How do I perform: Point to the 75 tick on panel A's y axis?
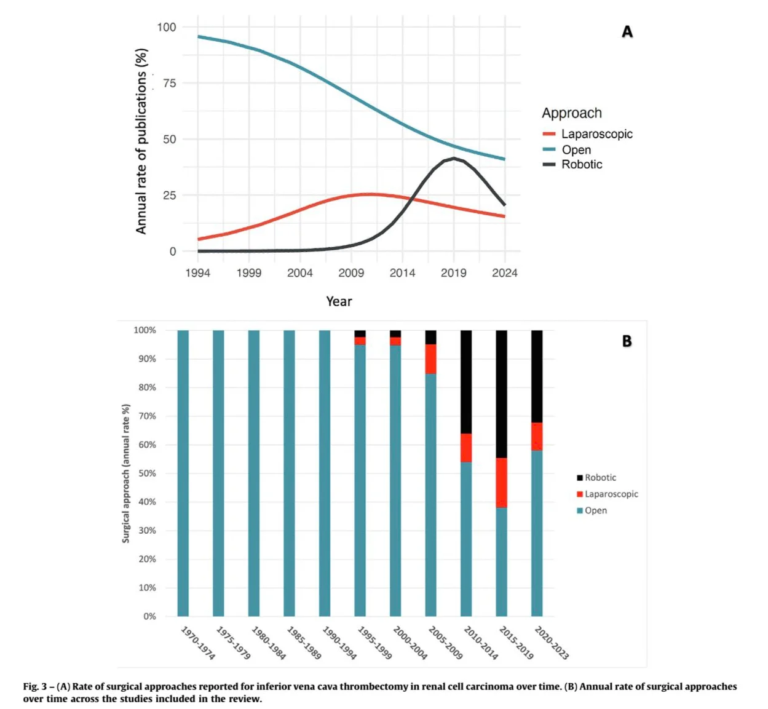click(x=169, y=83)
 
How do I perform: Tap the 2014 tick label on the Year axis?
click(x=402, y=273)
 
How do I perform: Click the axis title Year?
click(x=339, y=301)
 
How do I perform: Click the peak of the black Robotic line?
click(x=454, y=158)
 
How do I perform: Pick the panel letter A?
click(x=627, y=32)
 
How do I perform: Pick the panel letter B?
click(x=627, y=341)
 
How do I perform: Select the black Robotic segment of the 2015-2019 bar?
click(x=502, y=394)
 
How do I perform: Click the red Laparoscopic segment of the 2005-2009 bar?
click(x=431, y=359)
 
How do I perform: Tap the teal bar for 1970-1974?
click(x=183, y=473)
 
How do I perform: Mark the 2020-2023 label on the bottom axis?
click(x=552, y=643)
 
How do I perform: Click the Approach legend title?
click(x=571, y=113)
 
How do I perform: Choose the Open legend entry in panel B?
click(x=595, y=510)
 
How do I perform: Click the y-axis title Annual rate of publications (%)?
click(x=141, y=141)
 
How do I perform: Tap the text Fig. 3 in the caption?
click(x=35, y=686)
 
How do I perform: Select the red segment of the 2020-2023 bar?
click(x=537, y=437)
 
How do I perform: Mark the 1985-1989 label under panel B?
click(x=304, y=643)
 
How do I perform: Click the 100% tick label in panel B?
click(x=145, y=330)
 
